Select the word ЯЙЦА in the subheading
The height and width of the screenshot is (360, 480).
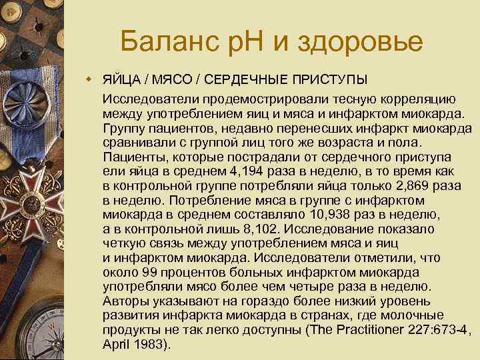(x=121, y=81)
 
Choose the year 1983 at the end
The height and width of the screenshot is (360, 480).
(x=151, y=345)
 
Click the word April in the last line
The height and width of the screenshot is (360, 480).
(x=117, y=345)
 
